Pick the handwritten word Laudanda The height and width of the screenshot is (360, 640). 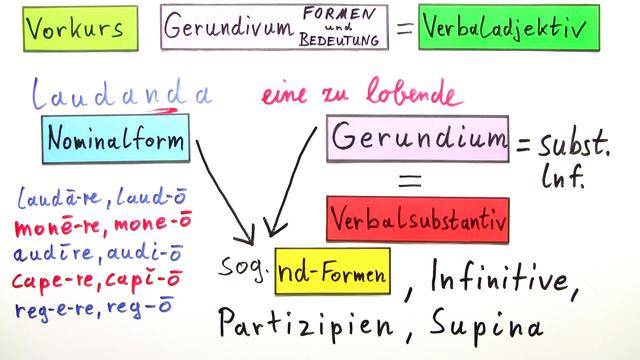(120, 95)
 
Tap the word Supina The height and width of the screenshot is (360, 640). (490, 324)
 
